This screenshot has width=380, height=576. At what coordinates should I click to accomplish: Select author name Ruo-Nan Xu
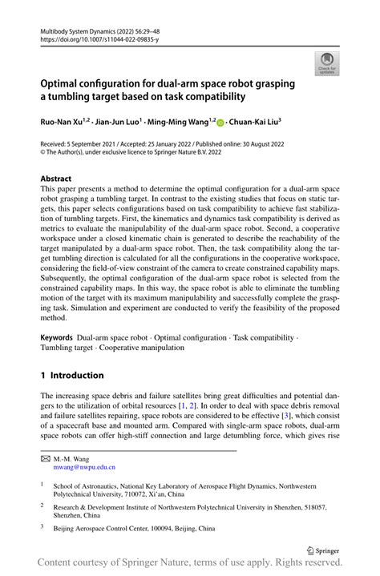click(x=63, y=123)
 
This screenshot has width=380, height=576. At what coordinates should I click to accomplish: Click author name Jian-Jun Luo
click(x=115, y=123)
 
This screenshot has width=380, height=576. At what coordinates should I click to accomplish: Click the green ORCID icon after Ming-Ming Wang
click(x=220, y=123)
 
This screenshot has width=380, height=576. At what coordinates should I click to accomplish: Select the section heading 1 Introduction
click(x=72, y=375)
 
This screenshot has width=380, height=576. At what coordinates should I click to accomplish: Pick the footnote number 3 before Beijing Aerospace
click(x=42, y=528)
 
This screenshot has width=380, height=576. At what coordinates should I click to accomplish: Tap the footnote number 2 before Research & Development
click(x=42, y=506)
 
